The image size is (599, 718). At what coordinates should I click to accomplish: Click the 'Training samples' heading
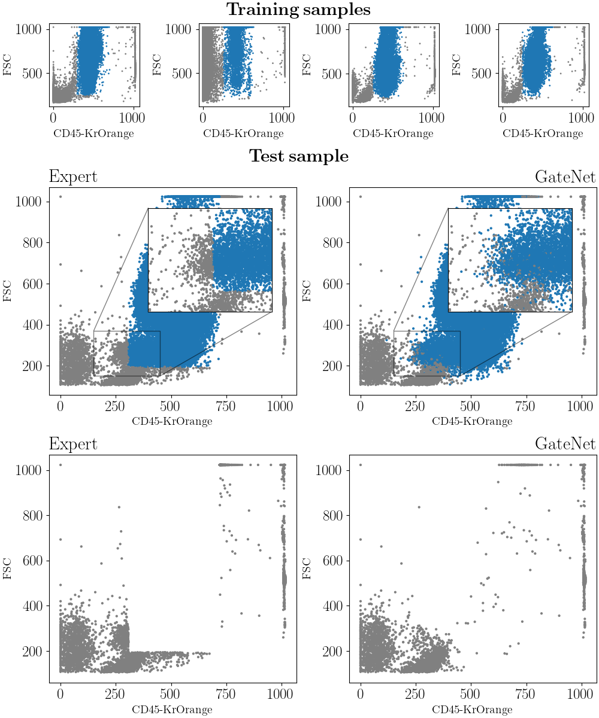click(298, 10)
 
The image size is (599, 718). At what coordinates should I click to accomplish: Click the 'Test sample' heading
click(298, 156)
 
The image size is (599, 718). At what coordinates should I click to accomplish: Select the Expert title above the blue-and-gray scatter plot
click(73, 177)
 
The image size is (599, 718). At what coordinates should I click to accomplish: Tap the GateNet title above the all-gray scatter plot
click(565, 444)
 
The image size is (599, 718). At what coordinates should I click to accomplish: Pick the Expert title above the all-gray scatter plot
click(73, 444)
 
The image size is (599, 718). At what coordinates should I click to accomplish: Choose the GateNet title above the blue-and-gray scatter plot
click(565, 177)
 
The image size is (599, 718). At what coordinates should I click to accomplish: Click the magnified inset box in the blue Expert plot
click(210, 260)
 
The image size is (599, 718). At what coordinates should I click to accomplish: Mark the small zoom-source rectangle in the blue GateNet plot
click(426, 353)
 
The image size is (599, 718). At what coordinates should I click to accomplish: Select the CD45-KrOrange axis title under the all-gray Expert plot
click(172, 710)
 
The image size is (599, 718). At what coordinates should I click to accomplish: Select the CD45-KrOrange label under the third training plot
click(393, 133)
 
